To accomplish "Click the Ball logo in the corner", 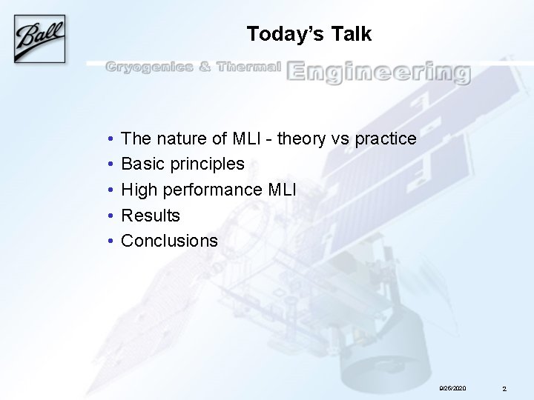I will [x=39, y=39].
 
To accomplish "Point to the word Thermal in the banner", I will [x=249, y=68].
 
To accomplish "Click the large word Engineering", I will [x=378, y=73].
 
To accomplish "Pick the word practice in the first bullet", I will [x=386, y=139].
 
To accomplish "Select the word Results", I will [x=151, y=216].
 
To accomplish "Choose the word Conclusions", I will [x=169, y=241].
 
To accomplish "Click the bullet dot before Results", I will [x=110, y=216].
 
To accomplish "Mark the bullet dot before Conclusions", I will [x=110, y=241].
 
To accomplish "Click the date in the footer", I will [x=452, y=388].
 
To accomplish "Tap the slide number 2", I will [x=504, y=388].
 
